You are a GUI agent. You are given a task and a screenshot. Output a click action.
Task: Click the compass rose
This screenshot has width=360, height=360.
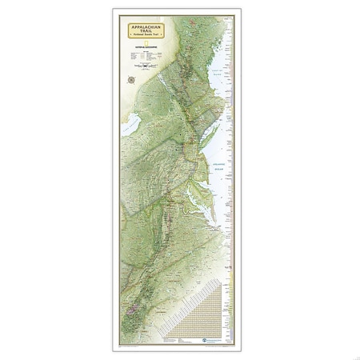pyautogui.click(x=130, y=78)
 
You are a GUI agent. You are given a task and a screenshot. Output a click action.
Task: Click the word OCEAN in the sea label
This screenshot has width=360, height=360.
pyautogui.click(x=216, y=150)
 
